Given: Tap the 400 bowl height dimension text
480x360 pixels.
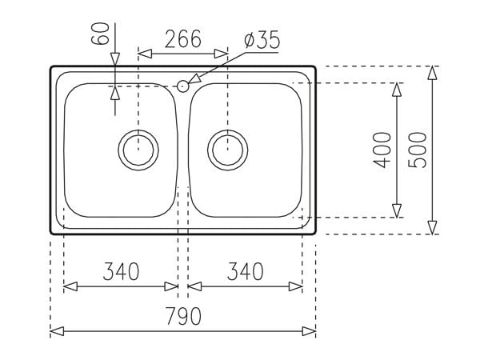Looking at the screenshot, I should pyautogui.click(x=382, y=150).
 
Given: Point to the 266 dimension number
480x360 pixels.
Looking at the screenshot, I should pyautogui.click(x=183, y=38).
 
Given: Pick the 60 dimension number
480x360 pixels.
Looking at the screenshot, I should pyautogui.click(x=100, y=36).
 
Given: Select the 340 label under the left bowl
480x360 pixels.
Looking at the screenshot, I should pyautogui.click(x=121, y=272).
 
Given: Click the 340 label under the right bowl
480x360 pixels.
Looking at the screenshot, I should pyautogui.click(x=246, y=272).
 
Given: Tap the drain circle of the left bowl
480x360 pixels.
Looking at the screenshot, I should pyautogui.click(x=138, y=149).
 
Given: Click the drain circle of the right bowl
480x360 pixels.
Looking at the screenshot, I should pyautogui.click(x=228, y=149).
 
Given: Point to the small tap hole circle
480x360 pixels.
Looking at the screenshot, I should pyautogui.click(x=183, y=86).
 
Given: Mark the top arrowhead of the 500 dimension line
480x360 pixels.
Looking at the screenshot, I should pyautogui.click(x=432, y=73).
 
